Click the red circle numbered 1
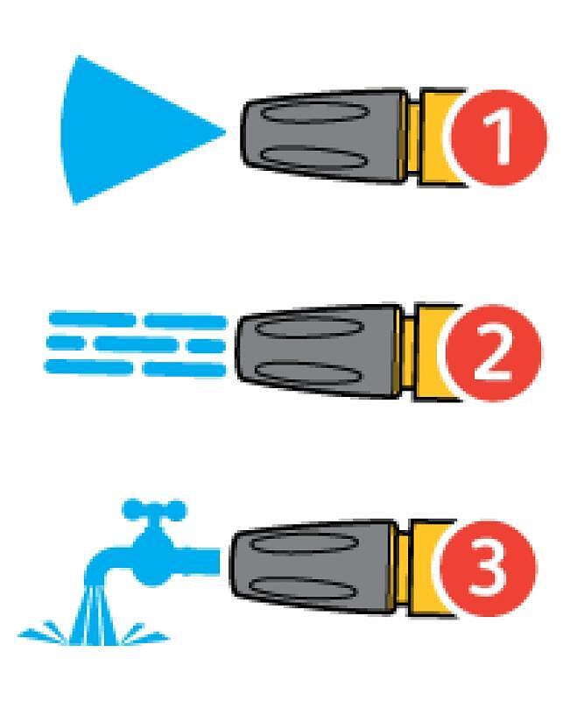(x=498, y=138)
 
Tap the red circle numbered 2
(x=493, y=353)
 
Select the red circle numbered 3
(x=488, y=568)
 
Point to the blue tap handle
(x=154, y=510)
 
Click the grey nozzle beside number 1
(x=324, y=136)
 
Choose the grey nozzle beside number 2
(x=319, y=351)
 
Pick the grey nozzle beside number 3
(x=313, y=566)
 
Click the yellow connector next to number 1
(x=435, y=138)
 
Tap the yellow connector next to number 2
(x=430, y=352)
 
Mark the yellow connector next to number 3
(x=425, y=568)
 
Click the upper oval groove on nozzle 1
(x=315, y=112)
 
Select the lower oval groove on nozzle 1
(x=314, y=158)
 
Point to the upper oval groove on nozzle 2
(x=310, y=327)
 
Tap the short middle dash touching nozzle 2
(x=206, y=345)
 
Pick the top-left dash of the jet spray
(x=92, y=320)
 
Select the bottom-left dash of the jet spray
(x=89, y=366)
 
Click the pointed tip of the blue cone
(x=225, y=131)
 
